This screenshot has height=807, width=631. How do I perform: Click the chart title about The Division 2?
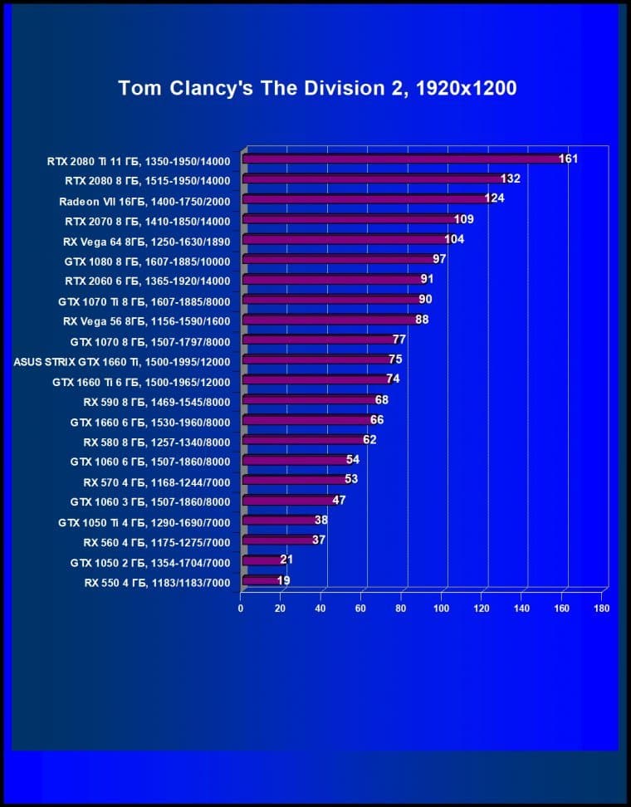(317, 88)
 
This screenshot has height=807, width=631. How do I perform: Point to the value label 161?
(568, 159)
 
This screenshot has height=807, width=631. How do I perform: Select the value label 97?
(439, 260)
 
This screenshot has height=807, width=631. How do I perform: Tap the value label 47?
(339, 501)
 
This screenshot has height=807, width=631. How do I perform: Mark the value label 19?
(283, 581)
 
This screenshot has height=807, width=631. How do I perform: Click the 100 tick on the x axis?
(441, 609)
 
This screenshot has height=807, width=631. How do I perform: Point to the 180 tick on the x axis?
(602, 609)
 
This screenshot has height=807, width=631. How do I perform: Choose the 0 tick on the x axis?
(241, 609)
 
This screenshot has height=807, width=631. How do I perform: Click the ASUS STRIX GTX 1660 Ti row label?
(122, 361)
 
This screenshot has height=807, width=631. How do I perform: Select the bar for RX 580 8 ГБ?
(302, 440)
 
